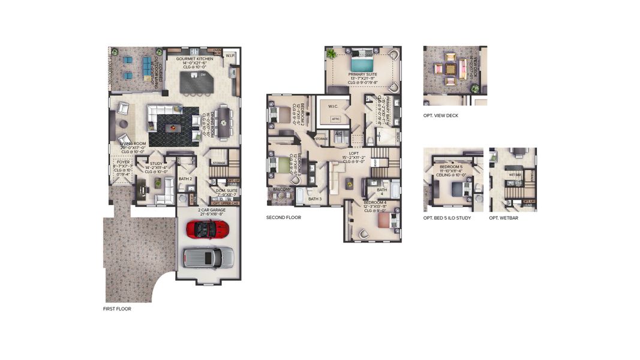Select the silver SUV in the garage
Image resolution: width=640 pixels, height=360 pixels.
[x=208, y=257]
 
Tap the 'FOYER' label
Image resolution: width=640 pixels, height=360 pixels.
[x=122, y=162]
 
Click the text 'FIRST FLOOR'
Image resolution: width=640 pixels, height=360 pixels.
[x=117, y=309]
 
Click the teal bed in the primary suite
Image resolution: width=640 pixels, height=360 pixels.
[x=362, y=64]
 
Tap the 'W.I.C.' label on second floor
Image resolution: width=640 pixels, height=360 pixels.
[x=333, y=107]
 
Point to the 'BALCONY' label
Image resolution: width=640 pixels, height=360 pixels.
[x=282, y=189]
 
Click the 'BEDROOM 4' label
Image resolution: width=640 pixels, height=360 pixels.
[x=377, y=203]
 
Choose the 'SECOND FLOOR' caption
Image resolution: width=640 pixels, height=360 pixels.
[x=284, y=218]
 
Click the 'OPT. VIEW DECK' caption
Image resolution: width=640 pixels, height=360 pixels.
[x=441, y=115]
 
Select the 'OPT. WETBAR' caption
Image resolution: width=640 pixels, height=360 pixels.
[x=504, y=218]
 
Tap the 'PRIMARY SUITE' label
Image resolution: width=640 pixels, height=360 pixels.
[x=362, y=75]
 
